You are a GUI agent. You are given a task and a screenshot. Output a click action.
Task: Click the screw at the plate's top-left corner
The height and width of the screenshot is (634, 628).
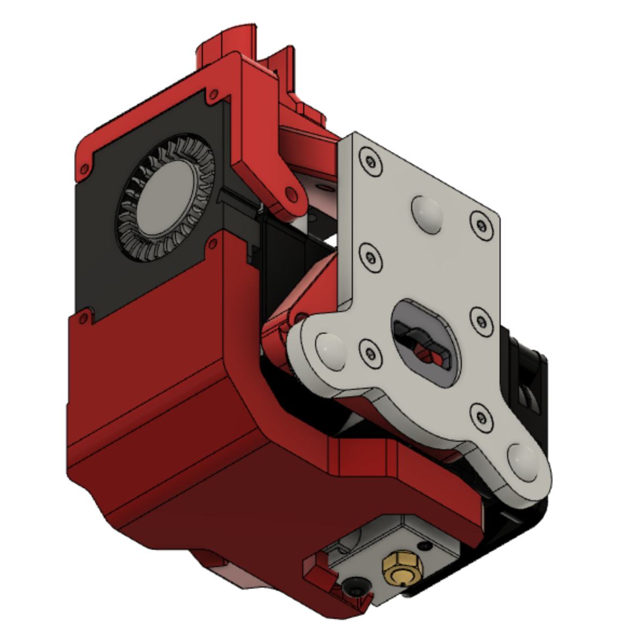pyautogui.click(x=370, y=161)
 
